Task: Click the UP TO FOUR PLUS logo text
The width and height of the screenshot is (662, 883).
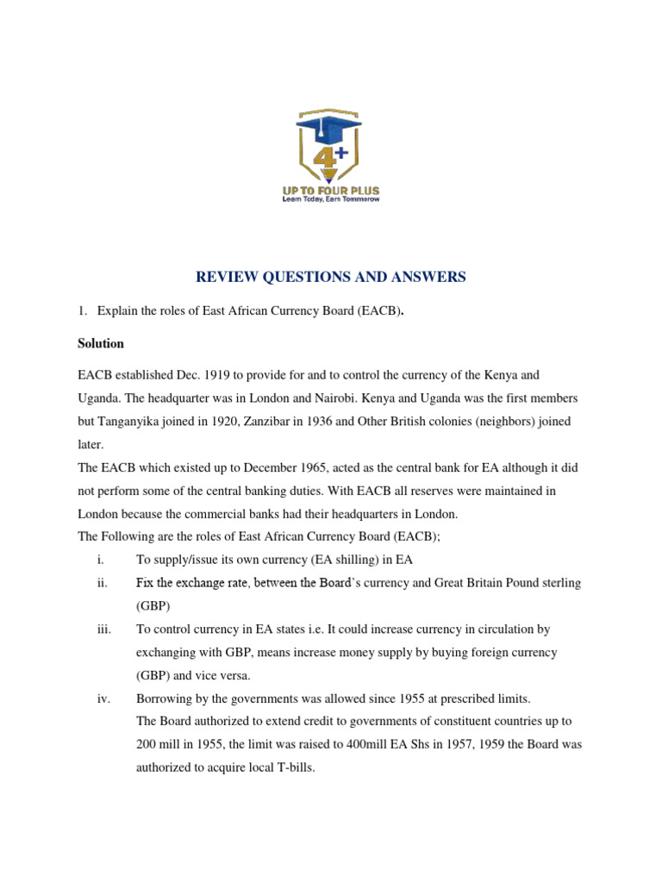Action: [330, 190]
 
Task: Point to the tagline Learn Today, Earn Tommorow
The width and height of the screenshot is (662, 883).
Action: [330, 199]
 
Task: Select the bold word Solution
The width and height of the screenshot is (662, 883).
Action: [101, 343]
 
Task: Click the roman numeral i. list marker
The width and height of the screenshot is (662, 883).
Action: [101, 560]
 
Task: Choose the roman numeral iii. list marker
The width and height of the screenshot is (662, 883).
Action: [103, 629]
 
